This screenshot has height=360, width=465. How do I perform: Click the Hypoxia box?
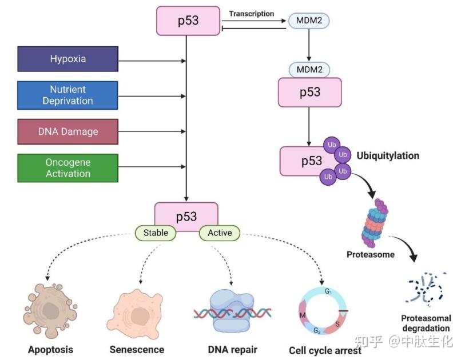coord(67,59)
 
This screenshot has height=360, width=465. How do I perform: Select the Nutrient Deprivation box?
coord(67,95)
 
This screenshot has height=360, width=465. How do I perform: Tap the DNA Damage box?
coord(67,131)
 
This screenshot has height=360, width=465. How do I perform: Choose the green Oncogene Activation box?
coord(67,167)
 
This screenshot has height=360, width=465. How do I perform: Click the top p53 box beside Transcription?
coord(188,21)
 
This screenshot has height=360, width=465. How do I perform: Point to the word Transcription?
coord(252,13)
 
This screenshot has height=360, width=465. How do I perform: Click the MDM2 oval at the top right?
coord(309,21)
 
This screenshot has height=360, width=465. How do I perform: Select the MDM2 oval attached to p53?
coord(309,70)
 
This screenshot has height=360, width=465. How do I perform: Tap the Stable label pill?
coord(156,233)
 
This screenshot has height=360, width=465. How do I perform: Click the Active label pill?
coord(220,233)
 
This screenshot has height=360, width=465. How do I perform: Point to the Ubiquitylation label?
coord(388,155)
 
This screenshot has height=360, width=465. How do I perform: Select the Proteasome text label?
coord(371,254)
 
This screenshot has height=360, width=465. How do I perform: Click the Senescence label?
coord(137,349)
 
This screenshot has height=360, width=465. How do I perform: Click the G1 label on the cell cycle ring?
coord(328,291)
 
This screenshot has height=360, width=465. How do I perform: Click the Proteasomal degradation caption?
coord(426,323)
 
